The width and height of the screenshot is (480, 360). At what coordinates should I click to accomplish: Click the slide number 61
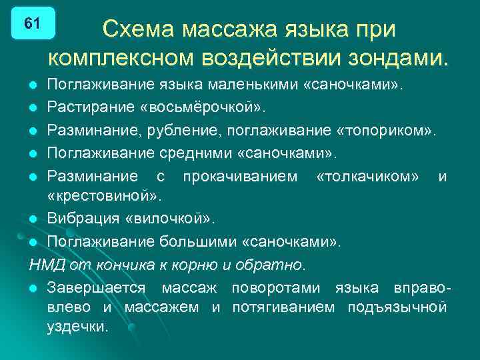[32, 23]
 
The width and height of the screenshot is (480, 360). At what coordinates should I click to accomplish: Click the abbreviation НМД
[45, 265]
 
